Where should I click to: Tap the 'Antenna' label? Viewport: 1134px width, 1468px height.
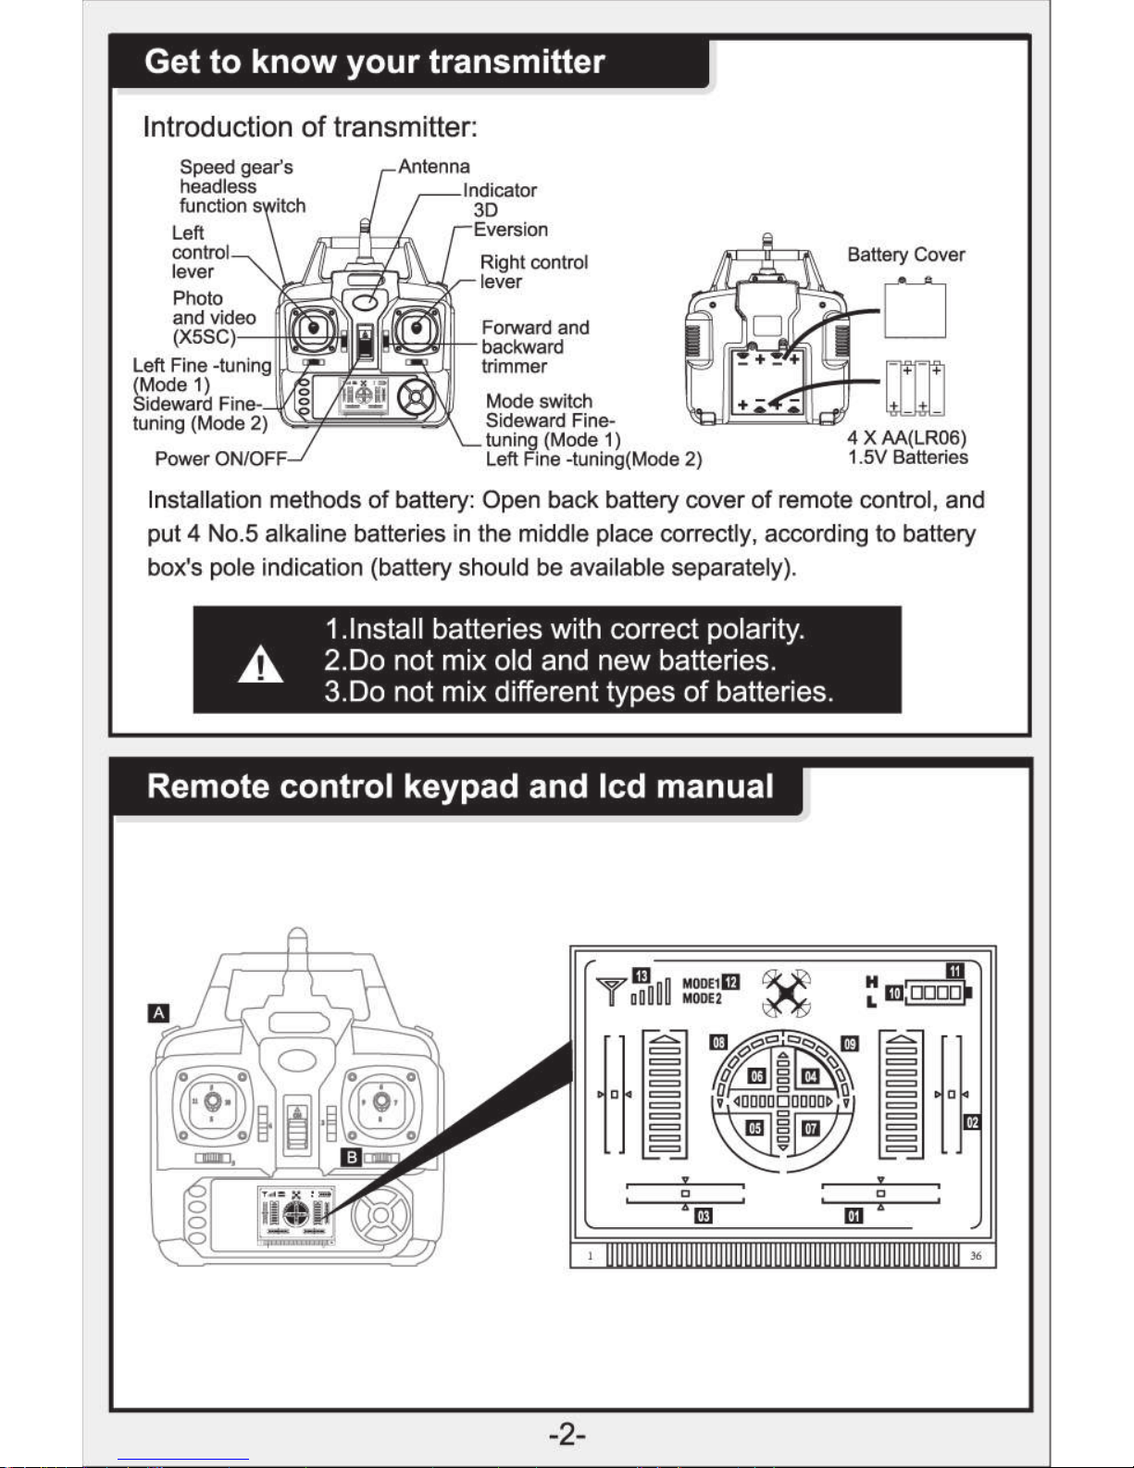(433, 167)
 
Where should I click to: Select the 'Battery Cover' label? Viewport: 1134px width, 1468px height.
(905, 255)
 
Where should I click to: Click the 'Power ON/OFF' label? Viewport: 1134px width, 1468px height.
(220, 458)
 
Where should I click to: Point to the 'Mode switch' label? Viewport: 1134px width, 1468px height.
(539, 401)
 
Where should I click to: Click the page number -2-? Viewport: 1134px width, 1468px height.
(567, 1436)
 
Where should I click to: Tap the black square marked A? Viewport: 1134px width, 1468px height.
(159, 1012)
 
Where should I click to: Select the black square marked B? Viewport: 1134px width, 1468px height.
(352, 1157)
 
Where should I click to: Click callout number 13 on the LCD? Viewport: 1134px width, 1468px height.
(641, 974)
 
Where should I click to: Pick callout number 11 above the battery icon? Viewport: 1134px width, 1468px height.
(954, 971)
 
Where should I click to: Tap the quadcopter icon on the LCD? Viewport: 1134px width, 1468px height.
(786, 992)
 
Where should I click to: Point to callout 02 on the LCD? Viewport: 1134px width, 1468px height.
(971, 1123)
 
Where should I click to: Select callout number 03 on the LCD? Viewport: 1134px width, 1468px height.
(704, 1215)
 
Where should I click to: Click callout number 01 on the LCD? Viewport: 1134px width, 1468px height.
(854, 1215)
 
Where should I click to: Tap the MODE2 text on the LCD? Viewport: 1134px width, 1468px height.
(701, 998)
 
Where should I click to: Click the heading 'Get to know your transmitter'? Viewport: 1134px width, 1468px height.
(375, 62)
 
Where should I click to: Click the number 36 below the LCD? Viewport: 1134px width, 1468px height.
(976, 1256)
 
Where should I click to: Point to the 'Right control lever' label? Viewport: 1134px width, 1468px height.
(533, 271)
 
